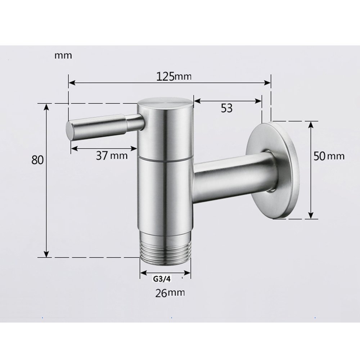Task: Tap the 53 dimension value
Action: click(226, 108)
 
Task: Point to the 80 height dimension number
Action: click(37, 159)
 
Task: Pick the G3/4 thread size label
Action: click(161, 278)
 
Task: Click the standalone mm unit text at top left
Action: click(63, 56)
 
